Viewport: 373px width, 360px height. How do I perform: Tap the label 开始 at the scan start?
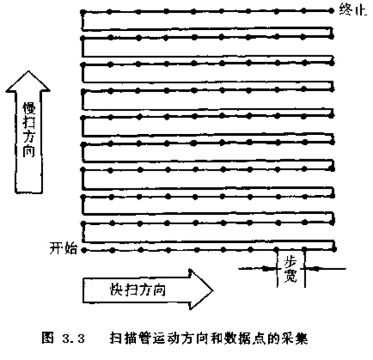[65, 249]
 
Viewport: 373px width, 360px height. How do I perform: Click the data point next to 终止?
[332, 11]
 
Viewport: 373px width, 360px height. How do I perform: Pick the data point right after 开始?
[83, 250]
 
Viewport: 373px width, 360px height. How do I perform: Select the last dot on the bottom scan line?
[334, 249]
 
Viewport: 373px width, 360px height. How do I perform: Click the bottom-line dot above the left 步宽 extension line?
[277, 249]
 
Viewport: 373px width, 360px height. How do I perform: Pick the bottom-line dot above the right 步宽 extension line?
[305, 249]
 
